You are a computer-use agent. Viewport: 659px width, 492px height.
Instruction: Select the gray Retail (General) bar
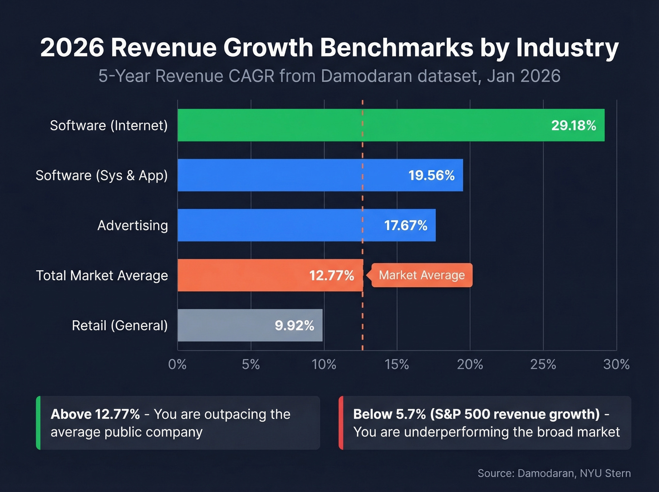226,325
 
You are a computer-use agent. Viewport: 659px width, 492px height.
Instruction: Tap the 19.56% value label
431,176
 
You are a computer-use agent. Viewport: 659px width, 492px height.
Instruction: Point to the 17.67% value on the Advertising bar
405,226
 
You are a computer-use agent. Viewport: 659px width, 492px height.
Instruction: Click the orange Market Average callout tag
421,275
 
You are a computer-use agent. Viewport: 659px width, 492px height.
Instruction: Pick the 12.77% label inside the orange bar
331,275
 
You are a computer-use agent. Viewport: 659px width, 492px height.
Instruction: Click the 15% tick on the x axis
397,364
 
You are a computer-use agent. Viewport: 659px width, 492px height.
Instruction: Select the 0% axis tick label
177,364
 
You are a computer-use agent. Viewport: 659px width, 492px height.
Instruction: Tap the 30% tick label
616,364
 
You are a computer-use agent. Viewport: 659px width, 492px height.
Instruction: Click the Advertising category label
132,226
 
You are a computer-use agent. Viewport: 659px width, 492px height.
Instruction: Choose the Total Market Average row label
102,275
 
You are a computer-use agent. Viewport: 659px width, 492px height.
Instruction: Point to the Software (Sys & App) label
102,176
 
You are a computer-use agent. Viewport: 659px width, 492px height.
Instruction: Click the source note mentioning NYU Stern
554,473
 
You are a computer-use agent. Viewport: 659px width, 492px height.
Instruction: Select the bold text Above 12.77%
95,414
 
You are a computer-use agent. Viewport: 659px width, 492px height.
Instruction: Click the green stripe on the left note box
38,423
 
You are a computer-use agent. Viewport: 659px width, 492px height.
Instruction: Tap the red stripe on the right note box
341,423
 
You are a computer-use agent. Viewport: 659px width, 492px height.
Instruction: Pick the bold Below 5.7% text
389,414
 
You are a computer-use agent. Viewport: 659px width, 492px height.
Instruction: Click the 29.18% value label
573,125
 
